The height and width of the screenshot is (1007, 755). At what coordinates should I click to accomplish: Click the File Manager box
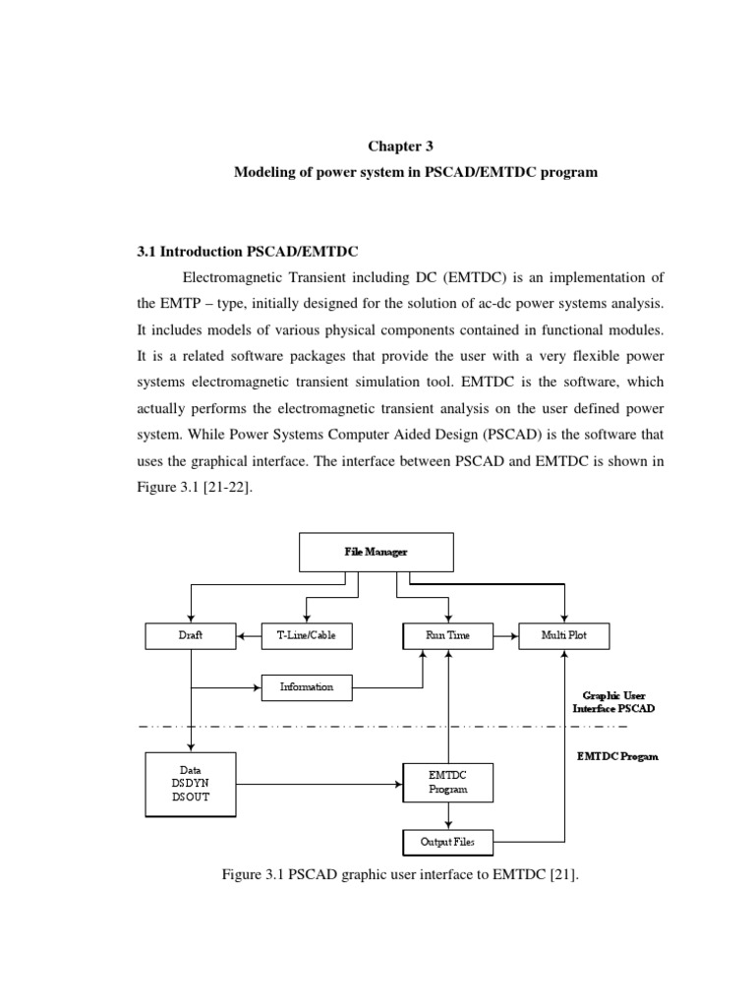[x=376, y=552]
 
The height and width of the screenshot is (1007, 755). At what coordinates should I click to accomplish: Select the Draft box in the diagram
[x=191, y=636]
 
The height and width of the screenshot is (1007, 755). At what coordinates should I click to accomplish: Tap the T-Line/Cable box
[x=306, y=636]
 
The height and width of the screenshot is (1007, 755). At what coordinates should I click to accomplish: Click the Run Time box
[x=447, y=636]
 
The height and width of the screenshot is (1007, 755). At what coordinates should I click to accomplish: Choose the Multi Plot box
[x=563, y=636]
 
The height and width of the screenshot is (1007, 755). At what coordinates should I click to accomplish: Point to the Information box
[x=306, y=686]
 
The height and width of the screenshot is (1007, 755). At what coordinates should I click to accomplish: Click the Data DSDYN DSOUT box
[x=191, y=784]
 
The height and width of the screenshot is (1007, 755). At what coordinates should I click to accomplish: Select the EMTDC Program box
[x=447, y=783]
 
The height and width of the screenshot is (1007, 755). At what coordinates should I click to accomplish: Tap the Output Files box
[x=447, y=842]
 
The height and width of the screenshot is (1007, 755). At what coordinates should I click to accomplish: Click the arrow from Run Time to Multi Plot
[x=505, y=636]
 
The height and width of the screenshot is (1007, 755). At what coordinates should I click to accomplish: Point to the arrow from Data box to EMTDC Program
[x=319, y=784]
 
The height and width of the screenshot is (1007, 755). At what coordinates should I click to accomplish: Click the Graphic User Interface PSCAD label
[x=614, y=701]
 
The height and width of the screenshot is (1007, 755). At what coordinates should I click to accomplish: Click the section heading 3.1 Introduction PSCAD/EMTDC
[x=241, y=251]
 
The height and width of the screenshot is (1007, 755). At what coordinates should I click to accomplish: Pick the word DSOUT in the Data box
[x=191, y=797]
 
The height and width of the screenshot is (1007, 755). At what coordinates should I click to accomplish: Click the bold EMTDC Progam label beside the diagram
[x=616, y=756]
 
